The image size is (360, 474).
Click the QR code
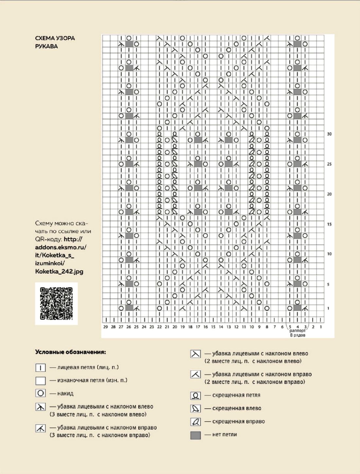point(56,303)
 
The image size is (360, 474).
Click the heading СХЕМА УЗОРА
point(55,38)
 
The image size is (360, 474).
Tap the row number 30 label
point(329,134)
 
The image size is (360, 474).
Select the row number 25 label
point(329,164)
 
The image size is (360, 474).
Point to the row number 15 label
point(329,224)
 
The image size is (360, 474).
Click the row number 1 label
point(328,308)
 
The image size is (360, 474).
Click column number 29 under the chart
point(105,326)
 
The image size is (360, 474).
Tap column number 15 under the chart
point(213,326)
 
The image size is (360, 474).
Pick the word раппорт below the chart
point(297,331)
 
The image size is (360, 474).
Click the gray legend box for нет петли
point(195,435)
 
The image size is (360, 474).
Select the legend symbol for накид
point(40,393)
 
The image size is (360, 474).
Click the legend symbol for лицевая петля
point(40,368)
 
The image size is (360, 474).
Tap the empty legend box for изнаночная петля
point(40,380)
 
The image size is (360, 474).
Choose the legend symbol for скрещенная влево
point(195,409)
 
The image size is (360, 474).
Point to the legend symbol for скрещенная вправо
point(195,422)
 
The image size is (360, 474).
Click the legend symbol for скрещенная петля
point(195,395)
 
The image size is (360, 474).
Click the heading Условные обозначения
point(70,352)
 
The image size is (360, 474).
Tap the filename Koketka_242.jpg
point(59,271)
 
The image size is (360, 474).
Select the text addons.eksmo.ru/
point(61,247)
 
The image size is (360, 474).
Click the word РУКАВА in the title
point(46,46)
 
